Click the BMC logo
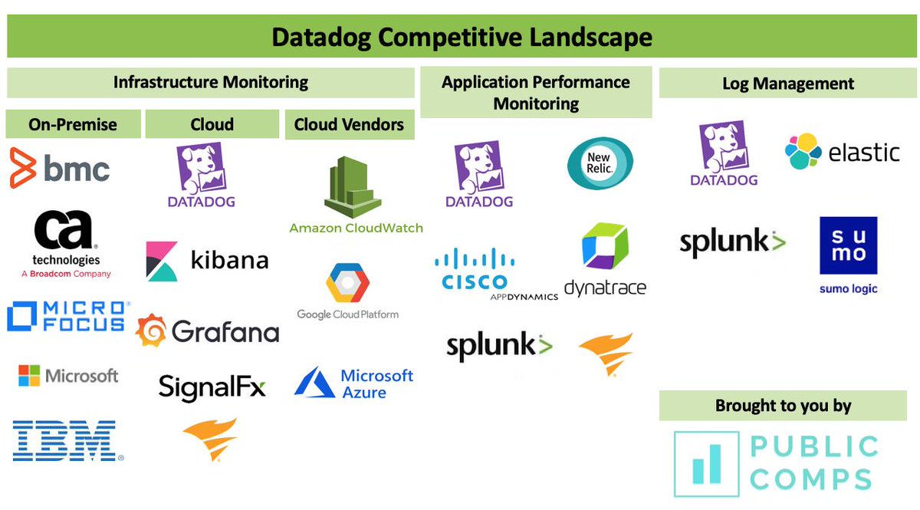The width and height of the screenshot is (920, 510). pyautogui.click(x=60, y=169)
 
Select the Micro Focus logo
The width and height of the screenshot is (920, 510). pyautogui.click(x=66, y=316)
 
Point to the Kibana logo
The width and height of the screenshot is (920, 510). pyautogui.click(x=207, y=261)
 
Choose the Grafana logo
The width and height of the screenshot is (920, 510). pyautogui.click(x=207, y=331)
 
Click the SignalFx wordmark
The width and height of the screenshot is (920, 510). pyautogui.click(x=212, y=387)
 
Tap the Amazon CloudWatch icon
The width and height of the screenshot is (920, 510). pyautogui.click(x=353, y=187)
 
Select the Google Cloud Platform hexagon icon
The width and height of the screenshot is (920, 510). pyautogui.click(x=348, y=283)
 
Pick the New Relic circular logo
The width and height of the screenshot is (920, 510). pyautogui.click(x=600, y=163)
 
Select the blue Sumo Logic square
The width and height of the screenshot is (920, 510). pyautogui.click(x=848, y=245)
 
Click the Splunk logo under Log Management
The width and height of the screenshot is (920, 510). pyautogui.click(x=733, y=242)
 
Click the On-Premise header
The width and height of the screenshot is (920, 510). pyautogui.click(x=73, y=124)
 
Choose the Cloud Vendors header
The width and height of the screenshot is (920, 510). pyautogui.click(x=349, y=124)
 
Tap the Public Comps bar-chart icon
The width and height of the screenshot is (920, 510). pyautogui.click(x=706, y=463)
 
